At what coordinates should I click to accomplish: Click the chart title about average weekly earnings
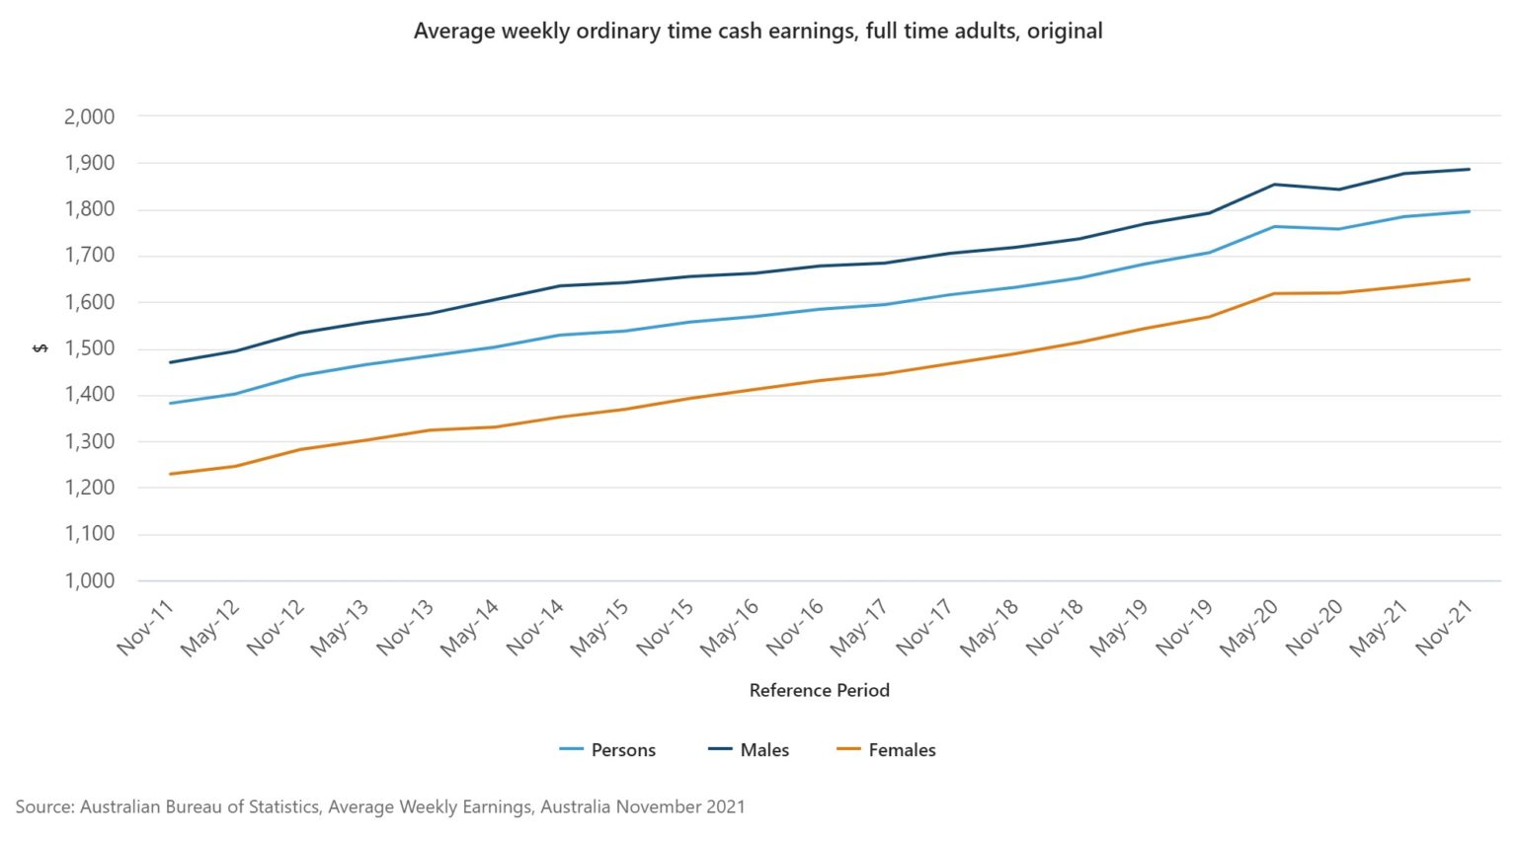pyautogui.click(x=758, y=31)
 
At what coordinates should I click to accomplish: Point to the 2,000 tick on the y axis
pyautogui.click(x=90, y=116)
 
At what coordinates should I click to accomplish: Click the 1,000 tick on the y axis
pyautogui.click(x=90, y=580)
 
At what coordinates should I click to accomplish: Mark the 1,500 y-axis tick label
pyautogui.click(x=90, y=348)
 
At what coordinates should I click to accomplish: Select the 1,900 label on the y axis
pyautogui.click(x=90, y=163)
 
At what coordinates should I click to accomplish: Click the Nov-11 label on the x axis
pyautogui.click(x=145, y=628)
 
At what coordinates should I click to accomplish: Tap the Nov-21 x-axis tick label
pyautogui.click(x=1445, y=628)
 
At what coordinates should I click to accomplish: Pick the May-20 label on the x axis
pyautogui.click(x=1249, y=628)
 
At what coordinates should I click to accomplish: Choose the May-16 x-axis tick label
pyautogui.click(x=730, y=628)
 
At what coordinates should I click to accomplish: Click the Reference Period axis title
pyautogui.click(x=819, y=690)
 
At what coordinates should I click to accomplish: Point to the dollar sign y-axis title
pyautogui.click(x=40, y=348)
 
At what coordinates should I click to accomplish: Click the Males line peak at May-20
pyautogui.click(x=1275, y=185)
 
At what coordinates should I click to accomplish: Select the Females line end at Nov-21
pyautogui.click(x=1470, y=279)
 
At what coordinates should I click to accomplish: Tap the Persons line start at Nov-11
pyautogui.click(x=171, y=403)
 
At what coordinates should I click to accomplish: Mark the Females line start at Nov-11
pyautogui.click(x=171, y=474)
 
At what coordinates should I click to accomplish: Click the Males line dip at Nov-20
pyautogui.click(x=1339, y=190)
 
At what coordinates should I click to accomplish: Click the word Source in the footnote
pyautogui.click(x=43, y=806)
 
